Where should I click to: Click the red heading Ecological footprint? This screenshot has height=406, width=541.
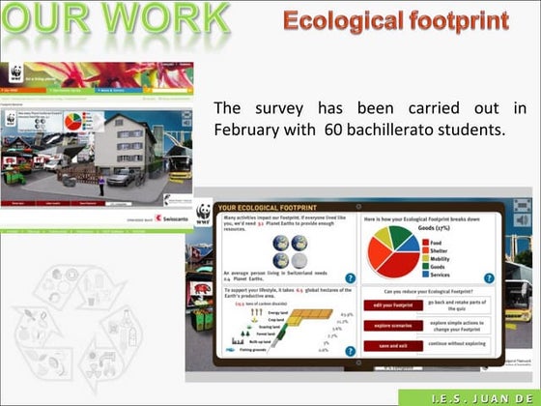396,20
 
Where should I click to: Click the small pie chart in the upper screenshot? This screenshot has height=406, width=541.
71,122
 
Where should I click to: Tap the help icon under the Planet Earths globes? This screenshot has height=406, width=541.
350,278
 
